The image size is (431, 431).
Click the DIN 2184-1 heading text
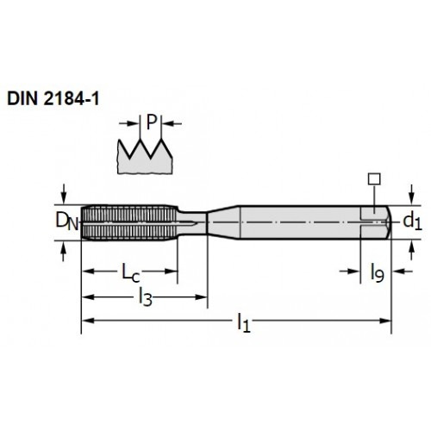[53, 98]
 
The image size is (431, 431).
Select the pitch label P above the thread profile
[152, 122]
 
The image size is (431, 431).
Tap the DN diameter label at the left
[67, 222]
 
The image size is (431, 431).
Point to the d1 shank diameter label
[413, 222]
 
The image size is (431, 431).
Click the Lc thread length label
[131, 272]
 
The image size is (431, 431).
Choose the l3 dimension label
[146, 297]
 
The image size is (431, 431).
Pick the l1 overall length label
[244, 323]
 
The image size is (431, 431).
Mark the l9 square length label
[378, 272]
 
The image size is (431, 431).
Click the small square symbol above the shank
[374, 178]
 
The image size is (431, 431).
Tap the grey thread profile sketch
[145, 157]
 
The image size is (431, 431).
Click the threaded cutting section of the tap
[129, 222]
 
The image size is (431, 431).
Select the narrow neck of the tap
[192, 222]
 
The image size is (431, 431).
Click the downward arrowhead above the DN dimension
[64, 198]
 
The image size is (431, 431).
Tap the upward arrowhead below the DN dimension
[64, 247]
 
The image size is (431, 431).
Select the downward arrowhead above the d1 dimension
[411, 199]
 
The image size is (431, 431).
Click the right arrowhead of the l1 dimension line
[385, 321]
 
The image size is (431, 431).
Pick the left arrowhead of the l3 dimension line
[88, 297]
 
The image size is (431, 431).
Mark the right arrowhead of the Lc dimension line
[171, 272]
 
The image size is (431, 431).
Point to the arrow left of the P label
[129, 123]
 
